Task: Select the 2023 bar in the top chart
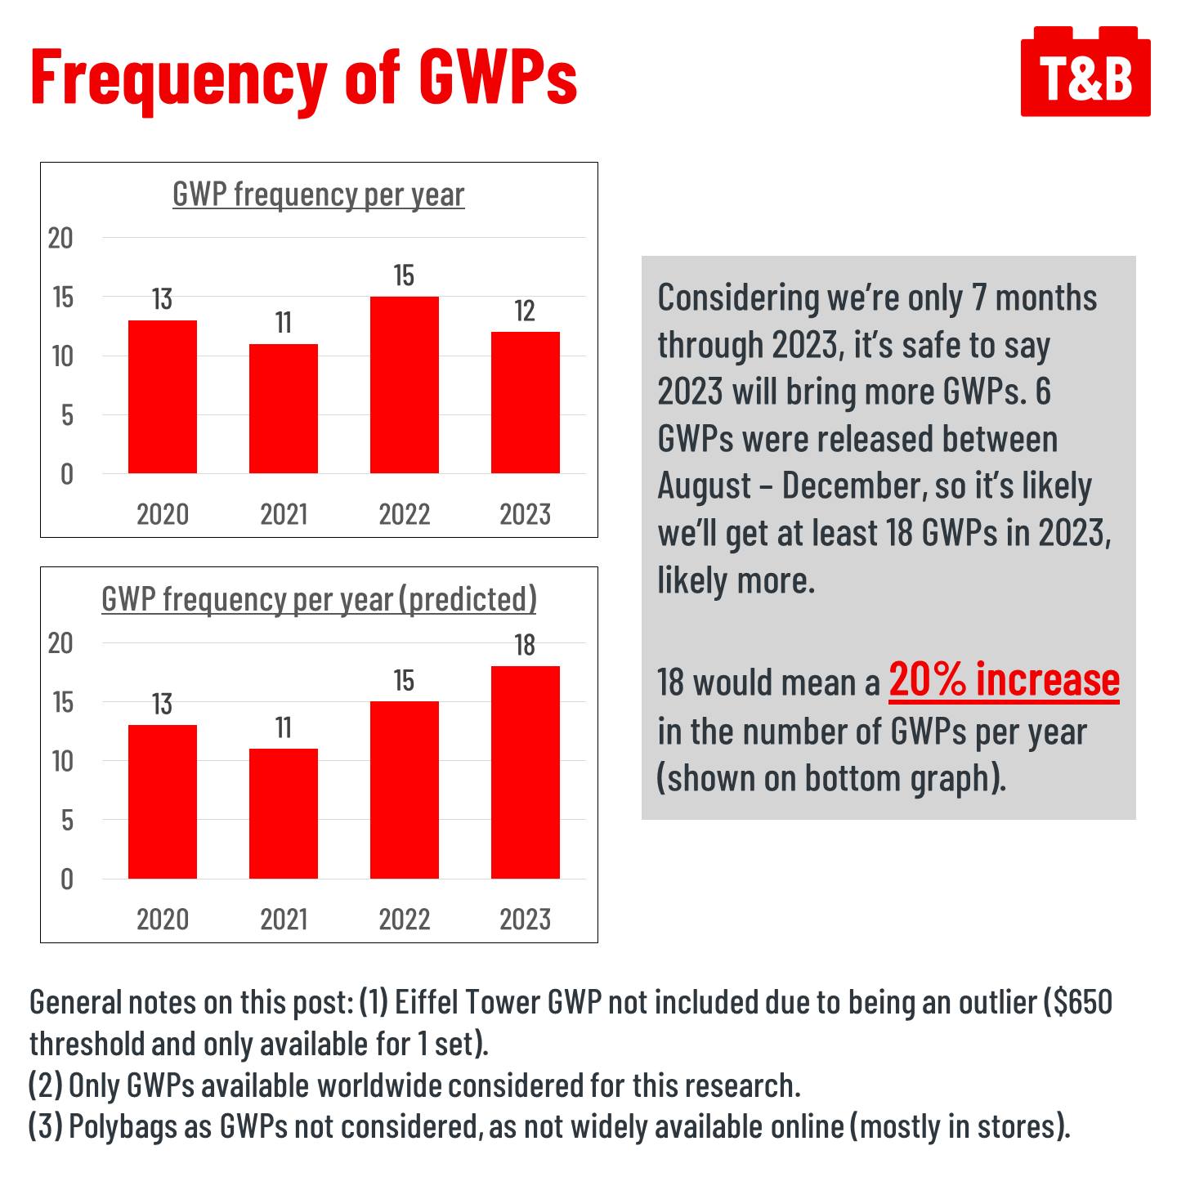(x=525, y=402)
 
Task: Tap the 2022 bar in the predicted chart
(x=404, y=790)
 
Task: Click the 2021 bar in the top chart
(x=283, y=409)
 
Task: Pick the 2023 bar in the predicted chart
(x=525, y=772)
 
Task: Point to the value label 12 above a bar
(x=525, y=311)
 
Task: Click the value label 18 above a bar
(x=525, y=646)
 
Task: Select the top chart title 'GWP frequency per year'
(x=318, y=195)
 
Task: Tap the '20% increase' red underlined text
(x=1004, y=680)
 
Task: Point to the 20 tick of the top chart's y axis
(x=60, y=238)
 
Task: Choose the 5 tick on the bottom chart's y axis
(x=66, y=820)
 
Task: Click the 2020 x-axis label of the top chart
(x=163, y=514)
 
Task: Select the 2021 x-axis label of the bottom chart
(x=283, y=920)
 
